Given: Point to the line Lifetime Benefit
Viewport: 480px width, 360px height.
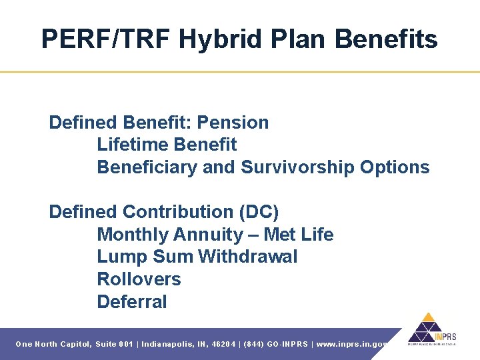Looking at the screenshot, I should click(x=167, y=145).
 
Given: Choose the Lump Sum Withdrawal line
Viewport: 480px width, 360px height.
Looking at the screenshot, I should click(x=197, y=257).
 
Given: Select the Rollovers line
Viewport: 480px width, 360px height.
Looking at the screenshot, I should click(x=139, y=279).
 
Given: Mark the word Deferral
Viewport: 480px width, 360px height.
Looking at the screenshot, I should click(x=132, y=302).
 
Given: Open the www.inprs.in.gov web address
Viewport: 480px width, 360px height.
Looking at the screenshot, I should click(x=353, y=344).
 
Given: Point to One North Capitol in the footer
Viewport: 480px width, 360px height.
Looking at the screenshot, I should click(x=53, y=344).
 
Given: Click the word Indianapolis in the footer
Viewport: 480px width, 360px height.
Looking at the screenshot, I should click(x=167, y=344).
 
